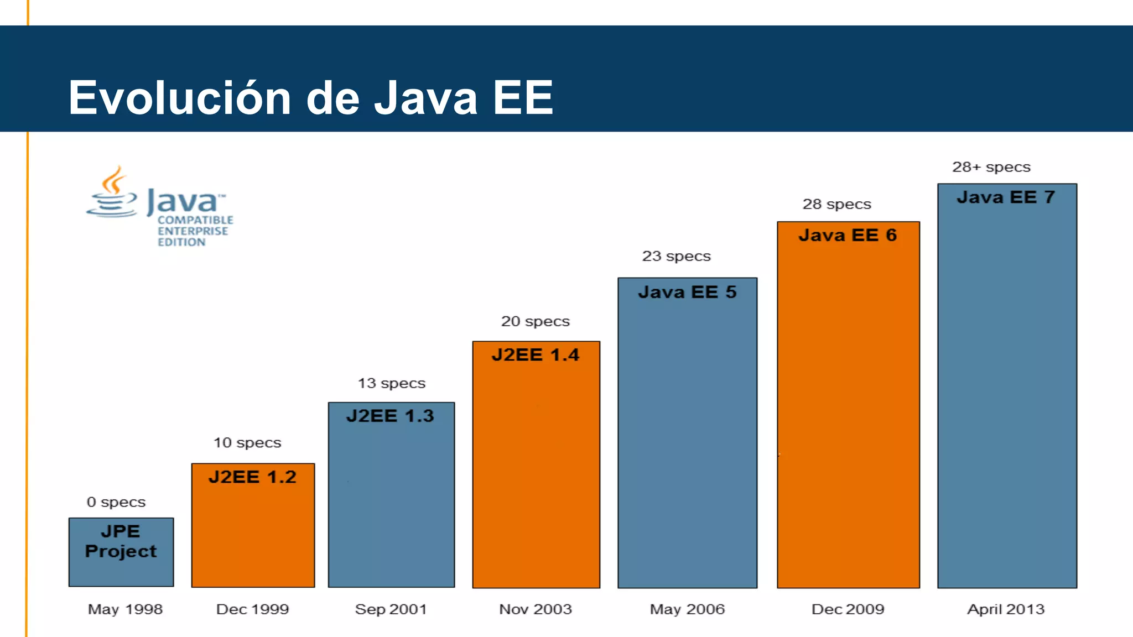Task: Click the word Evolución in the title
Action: pyautogui.click(x=179, y=98)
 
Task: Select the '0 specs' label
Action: pyautogui.click(x=116, y=502)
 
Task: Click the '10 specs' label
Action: pyautogui.click(x=247, y=442)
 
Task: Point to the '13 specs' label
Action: pyautogui.click(x=391, y=383)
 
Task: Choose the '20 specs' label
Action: pyautogui.click(x=535, y=321)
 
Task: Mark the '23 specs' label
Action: pyautogui.click(x=676, y=256)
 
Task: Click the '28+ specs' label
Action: pyautogui.click(x=991, y=167)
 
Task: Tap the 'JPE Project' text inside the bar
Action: pyautogui.click(x=121, y=541)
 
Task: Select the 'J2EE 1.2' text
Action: pyautogui.click(x=252, y=477)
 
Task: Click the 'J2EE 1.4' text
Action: pyautogui.click(x=535, y=354)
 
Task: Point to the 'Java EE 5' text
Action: pyautogui.click(x=687, y=292)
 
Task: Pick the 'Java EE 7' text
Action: pyautogui.click(x=1006, y=197)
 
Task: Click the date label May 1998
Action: pyautogui.click(x=125, y=609)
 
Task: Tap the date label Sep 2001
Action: pyautogui.click(x=391, y=609)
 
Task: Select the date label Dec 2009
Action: pyautogui.click(x=848, y=609)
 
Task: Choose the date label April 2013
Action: pyautogui.click(x=1005, y=609)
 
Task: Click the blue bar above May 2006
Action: pyautogui.click(x=687, y=442)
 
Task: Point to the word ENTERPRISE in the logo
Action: pyautogui.click(x=193, y=231)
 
